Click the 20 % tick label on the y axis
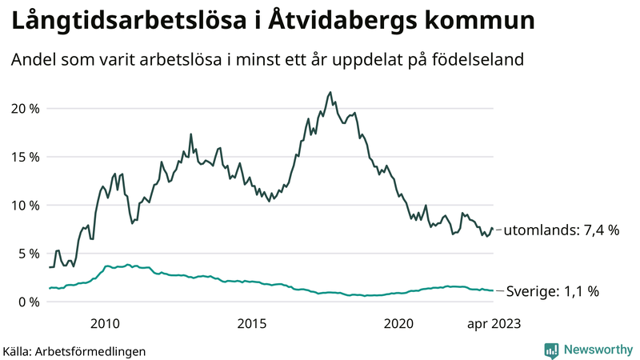(27, 109)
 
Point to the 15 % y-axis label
(27, 157)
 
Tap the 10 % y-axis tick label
(27, 206)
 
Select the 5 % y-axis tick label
(30, 254)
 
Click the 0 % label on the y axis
(30, 302)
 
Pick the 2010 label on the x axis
(105, 323)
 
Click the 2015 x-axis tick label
(252, 323)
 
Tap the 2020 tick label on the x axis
(398, 323)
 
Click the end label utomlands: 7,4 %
(563, 230)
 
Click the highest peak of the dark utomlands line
(330, 92)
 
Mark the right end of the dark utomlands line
(493, 230)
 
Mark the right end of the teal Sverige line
(493, 290)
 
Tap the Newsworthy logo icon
(551, 350)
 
